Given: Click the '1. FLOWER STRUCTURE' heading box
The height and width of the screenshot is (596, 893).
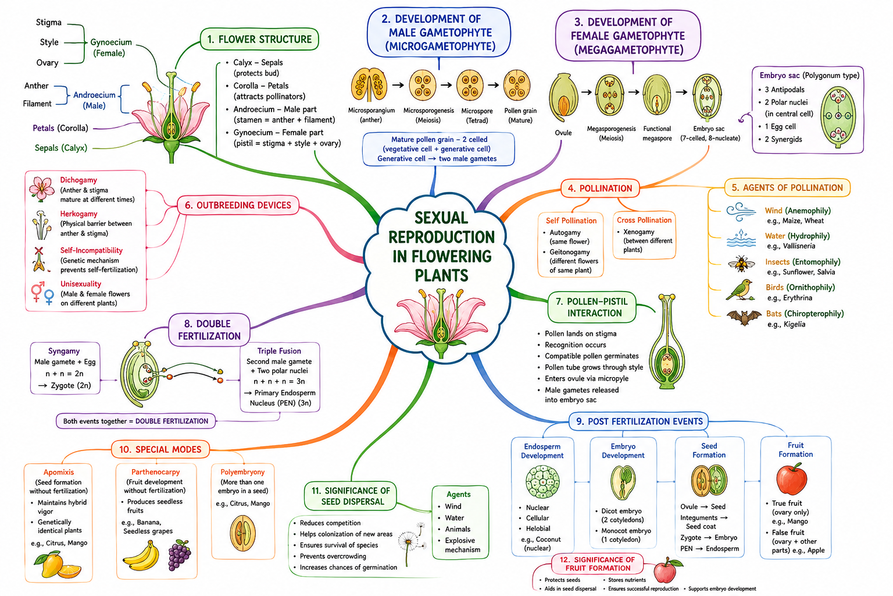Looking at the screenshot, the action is click(259, 39).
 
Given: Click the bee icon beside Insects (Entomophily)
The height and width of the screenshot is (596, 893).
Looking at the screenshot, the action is click(741, 264).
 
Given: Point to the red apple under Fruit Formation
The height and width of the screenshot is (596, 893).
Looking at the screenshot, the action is click(792, 479).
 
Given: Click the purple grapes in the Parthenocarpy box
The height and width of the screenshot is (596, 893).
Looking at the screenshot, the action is click(180, 555).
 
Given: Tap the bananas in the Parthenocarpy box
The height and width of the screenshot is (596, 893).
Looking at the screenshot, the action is click(141, 556).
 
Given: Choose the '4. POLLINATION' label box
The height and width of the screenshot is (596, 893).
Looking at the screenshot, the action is click(601, 189).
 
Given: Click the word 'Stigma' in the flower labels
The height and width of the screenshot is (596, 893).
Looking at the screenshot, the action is click(49, 22).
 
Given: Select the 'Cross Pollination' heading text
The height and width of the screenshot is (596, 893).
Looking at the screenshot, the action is click(644, 220).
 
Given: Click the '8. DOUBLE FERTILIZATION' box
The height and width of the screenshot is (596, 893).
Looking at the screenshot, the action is click(209, 330).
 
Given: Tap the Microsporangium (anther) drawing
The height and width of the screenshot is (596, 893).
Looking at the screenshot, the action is click(369, 84).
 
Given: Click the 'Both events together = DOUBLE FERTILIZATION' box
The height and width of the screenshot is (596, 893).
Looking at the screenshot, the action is click(135, 421).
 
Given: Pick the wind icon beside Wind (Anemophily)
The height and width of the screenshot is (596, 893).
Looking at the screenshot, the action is click(741, 212).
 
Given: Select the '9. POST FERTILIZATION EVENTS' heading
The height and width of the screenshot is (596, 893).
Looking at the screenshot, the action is click(639, 421).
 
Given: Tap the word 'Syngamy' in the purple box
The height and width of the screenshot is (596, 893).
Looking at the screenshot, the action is click(64, 352).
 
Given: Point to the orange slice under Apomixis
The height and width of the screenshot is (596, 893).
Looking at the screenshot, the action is click(69, 571).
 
